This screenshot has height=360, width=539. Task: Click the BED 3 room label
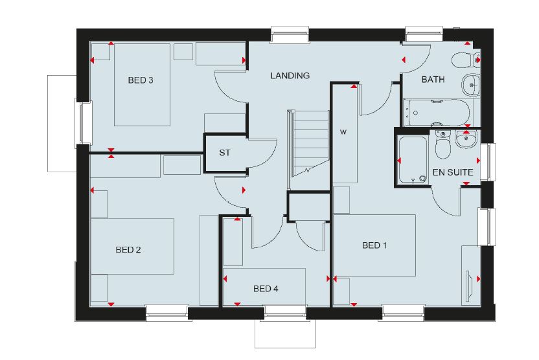tap(141, 80)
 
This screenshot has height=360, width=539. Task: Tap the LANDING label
tap(290, 76)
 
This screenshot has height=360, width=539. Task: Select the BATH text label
tap(433, 80)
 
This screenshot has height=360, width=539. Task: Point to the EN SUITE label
tap(453, 172)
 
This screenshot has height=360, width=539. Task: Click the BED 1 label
tap(374, 245)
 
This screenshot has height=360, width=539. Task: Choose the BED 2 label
tap(128, 250)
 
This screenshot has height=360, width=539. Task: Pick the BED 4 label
tap(266, 289)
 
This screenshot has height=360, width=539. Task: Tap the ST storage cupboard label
tap(225, 153)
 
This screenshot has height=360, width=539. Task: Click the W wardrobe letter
tap(343, 132)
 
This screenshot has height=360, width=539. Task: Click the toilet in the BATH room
tap(465, 60)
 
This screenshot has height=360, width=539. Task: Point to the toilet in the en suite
tap(442, 144)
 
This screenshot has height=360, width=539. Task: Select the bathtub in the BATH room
tap(437, 113)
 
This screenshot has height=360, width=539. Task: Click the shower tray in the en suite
tap(413, 159)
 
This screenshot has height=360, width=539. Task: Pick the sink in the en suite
tap(466, 139)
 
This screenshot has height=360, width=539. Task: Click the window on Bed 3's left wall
tap(84, 122)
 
